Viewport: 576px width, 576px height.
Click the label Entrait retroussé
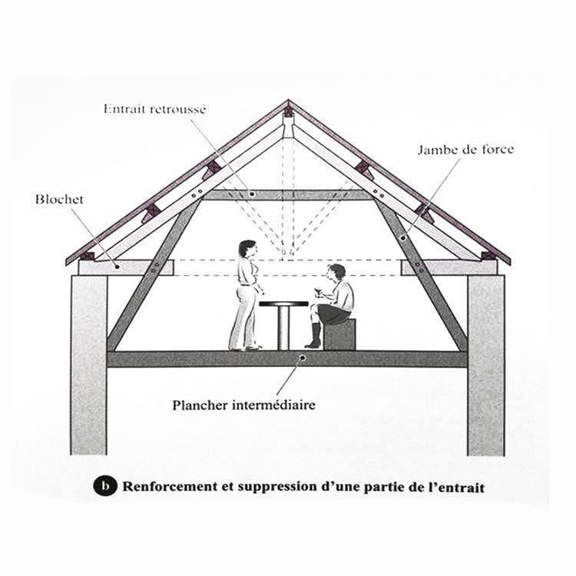point(154,109)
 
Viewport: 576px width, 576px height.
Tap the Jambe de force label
point(465,150)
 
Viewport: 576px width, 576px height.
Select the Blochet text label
point(59,200)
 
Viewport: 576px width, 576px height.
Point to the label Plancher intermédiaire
point(244,406)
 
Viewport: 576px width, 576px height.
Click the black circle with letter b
point(105,486)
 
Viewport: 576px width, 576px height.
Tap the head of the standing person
point(247,249)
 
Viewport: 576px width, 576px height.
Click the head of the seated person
point(337,273)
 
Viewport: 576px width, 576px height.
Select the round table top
point(283,304)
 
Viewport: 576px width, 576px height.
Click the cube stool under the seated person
point(339,334)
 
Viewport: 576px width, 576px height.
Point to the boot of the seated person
point(313,336)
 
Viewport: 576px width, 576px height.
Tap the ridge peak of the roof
point(288,101)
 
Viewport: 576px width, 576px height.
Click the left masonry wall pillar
point(89,365)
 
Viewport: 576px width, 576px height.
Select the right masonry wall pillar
point(486,366)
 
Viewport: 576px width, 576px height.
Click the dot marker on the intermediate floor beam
point(303,357)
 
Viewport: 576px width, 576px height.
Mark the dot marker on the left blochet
point(118,266)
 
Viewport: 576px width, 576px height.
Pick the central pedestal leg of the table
point(283,328)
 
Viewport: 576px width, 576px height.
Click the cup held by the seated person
point(317,293)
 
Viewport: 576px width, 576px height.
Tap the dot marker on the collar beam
point(252,194)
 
